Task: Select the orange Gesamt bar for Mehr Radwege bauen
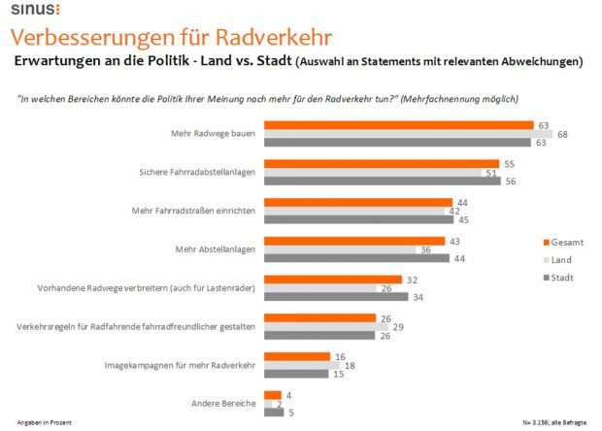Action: [x=398, y=124]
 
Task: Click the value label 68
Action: [x=563, y=134]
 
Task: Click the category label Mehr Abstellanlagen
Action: [x=216, y=249]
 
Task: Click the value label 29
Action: [x=396, y=325]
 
